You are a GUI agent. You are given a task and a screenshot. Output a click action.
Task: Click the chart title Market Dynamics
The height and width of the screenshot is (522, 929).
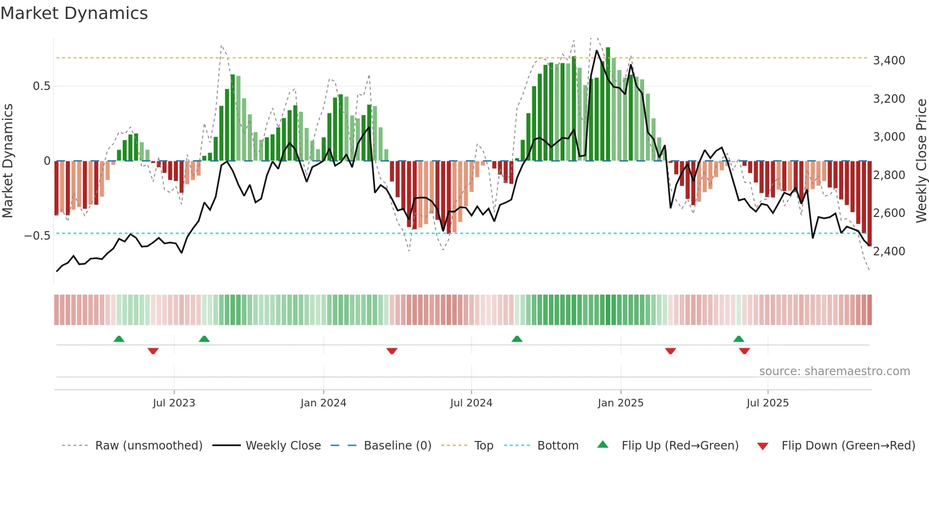[74, 13]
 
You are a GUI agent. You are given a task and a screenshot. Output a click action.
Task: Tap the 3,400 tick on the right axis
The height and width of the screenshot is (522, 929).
[889, 61]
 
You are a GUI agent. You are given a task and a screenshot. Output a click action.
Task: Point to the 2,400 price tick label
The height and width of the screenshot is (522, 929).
[889, 251]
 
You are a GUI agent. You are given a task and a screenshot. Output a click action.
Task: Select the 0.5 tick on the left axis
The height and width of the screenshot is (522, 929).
[41, 86]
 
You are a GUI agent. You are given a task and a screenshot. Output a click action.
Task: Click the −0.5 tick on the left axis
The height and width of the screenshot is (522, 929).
[37, 236]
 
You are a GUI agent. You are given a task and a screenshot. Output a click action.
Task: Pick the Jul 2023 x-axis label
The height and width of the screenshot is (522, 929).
[174, 403]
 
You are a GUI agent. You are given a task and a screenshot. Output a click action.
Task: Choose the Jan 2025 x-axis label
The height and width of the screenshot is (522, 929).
[620, 403]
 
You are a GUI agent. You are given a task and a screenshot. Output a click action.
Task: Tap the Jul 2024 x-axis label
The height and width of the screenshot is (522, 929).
[471, 403]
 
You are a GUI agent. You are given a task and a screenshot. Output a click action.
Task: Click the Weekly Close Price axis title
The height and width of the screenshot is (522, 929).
[921, 161]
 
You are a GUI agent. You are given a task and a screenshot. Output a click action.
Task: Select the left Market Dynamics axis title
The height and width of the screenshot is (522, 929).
[8, 161]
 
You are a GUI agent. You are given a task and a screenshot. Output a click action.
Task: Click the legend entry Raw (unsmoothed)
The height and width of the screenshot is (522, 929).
[148, 446]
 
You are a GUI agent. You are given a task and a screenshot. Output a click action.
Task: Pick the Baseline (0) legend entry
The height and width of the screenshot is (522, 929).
[397, 446]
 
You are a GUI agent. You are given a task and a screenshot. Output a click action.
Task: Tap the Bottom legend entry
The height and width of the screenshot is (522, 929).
[557, 446]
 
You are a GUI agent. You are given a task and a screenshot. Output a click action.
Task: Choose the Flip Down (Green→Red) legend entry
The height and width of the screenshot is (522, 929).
[848, 446]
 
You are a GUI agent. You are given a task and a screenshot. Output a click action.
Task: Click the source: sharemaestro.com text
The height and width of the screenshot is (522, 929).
[834, 371]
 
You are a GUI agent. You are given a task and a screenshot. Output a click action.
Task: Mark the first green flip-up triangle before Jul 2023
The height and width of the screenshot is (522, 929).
[119, 339]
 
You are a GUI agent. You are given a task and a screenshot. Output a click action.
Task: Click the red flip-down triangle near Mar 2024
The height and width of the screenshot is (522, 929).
[392, 351]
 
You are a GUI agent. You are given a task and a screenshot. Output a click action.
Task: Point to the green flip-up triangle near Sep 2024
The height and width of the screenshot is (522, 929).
[517, 339]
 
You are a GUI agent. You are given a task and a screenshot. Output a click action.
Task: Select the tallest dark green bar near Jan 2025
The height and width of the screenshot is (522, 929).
[608, 104]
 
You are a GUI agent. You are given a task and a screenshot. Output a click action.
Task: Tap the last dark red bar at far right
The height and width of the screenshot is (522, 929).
[869, 204]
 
